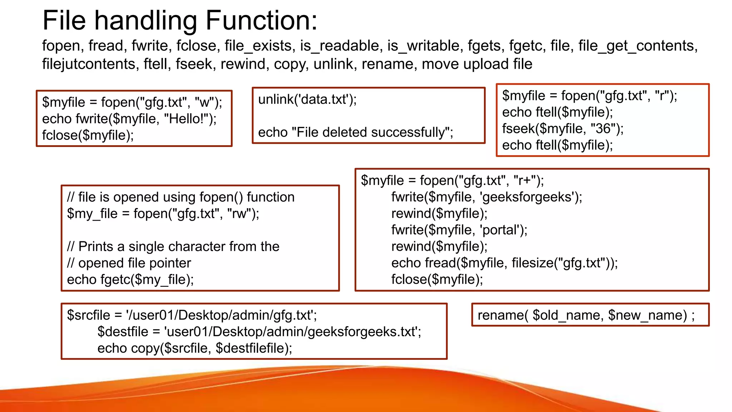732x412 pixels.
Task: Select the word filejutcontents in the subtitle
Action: pos(89,64)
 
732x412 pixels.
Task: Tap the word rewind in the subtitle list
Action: pos(243,64)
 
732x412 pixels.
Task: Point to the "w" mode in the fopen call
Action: pos(204,102)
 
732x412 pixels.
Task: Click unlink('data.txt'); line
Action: pos(307,99)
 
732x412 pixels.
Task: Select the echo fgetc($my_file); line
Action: pos(130,280)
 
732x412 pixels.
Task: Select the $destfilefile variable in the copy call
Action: pos(251,348)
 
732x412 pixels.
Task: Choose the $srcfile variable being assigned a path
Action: pos(89,315)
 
